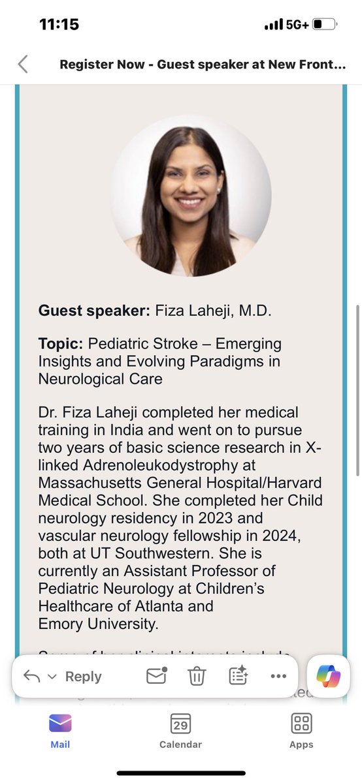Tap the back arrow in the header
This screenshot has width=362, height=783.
[x=23, y=64]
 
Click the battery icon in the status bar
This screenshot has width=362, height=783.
[x=324, y=25]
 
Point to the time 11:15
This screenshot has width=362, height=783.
[x=59, y=25]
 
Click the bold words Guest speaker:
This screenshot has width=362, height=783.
[x=94, y=311]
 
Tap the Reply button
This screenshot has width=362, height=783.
[x=82, y=677]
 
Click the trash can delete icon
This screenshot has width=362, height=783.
[x=197, y=677]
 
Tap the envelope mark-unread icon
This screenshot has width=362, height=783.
[x=156, y=676]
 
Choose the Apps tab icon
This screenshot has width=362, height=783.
[x=301, y=724]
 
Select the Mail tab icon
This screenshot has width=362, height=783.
[x=60, y=724]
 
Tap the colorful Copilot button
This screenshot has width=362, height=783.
[x=328, y=676]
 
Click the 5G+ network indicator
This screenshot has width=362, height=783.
[x=298, y=25]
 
